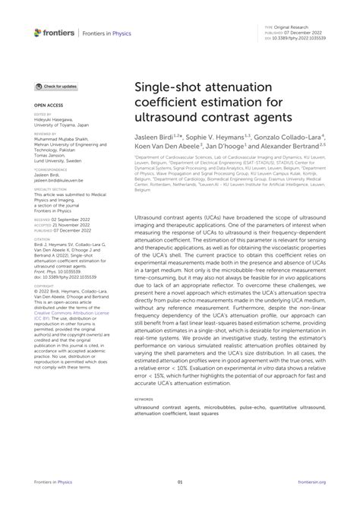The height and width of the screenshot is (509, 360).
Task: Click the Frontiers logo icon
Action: (x=38, y=33)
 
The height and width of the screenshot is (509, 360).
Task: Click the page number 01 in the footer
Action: (x=180, y=481)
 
